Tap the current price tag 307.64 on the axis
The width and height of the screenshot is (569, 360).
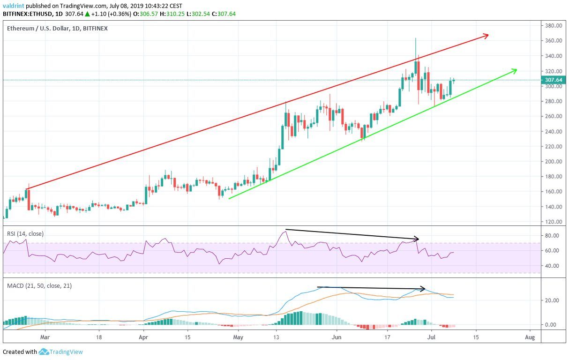[x=554, y=80]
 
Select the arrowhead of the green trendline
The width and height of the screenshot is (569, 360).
[x=515, y=70]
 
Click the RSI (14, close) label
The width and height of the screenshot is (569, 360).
[x=25, y=233]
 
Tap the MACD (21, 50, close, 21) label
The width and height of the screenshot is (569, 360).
[x=39, y=285]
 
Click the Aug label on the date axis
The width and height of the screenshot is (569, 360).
[x=530, y=337]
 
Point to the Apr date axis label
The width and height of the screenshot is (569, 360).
[x=143, y=337]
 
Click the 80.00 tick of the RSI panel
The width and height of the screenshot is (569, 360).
[x=553, y=235]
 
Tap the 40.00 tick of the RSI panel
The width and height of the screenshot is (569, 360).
[x=553, y=266]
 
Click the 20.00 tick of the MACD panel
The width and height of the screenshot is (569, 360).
[x=553, y=300]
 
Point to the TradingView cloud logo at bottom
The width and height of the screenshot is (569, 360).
[x=44, y=352]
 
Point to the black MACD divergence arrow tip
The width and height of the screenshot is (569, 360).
[x=423, y=288]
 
